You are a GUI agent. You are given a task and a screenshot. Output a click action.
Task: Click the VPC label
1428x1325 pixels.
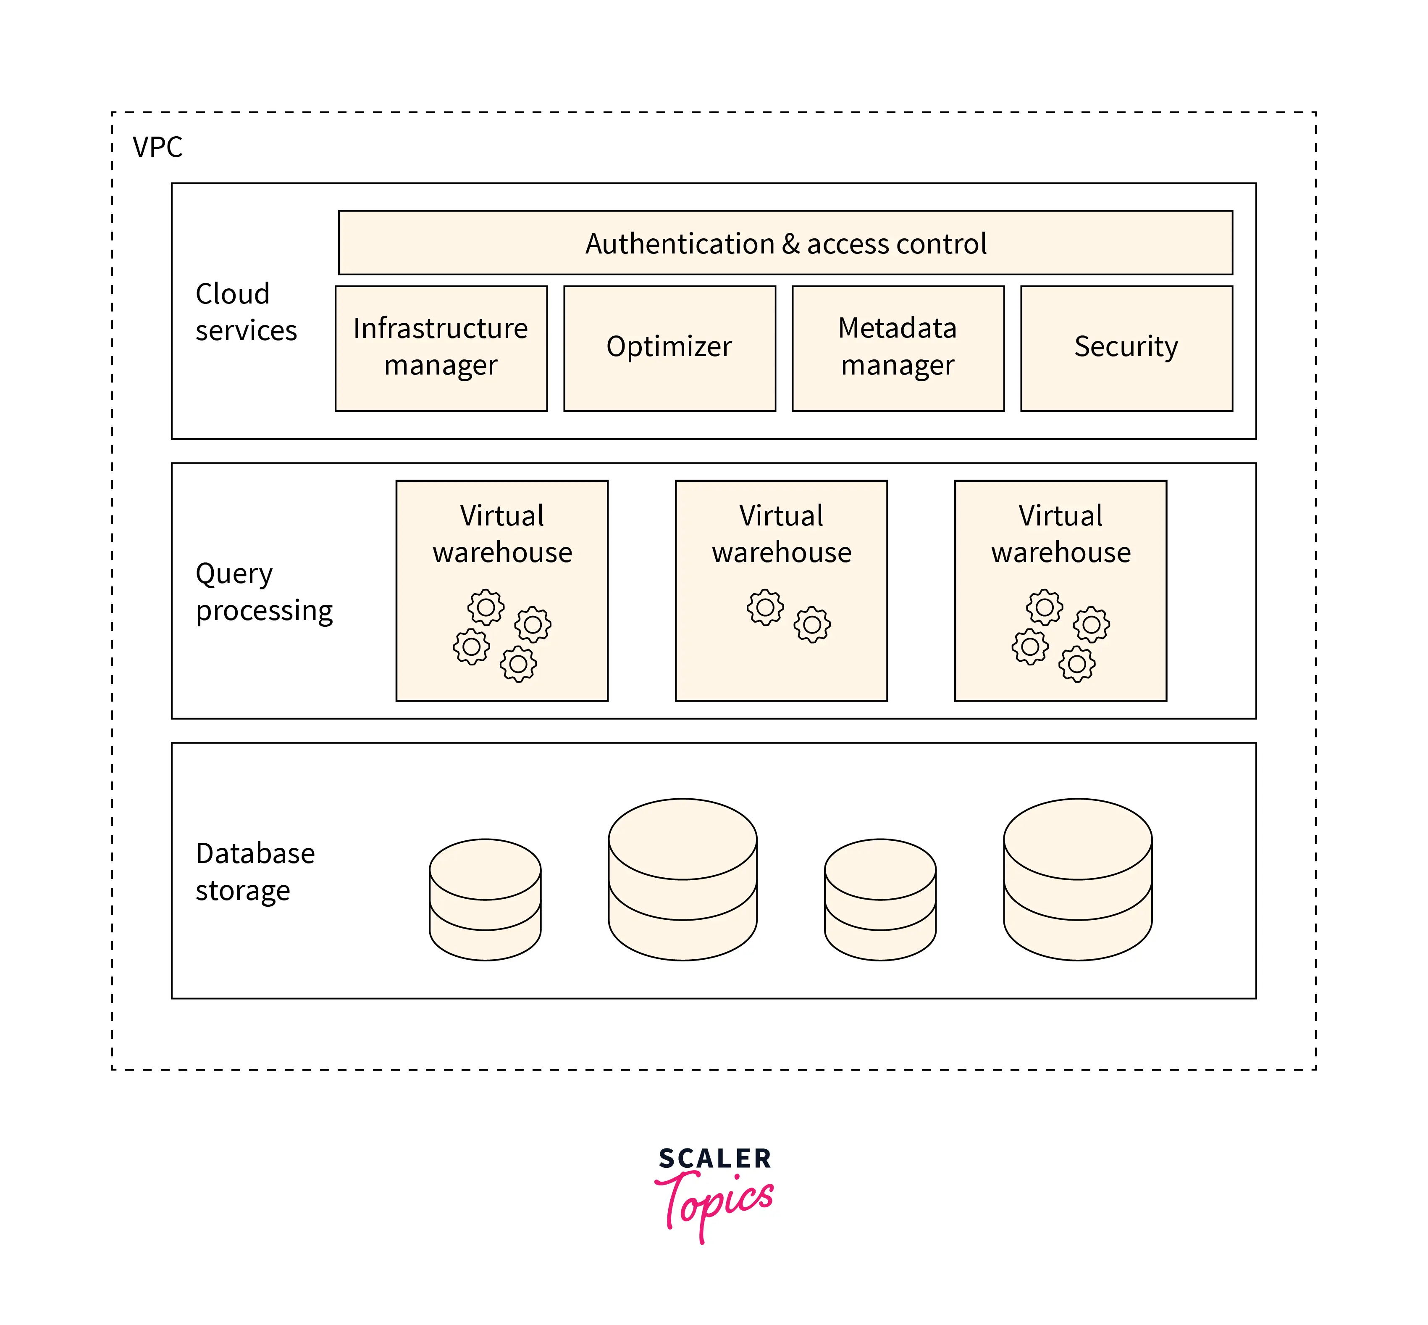(x=157, y=147)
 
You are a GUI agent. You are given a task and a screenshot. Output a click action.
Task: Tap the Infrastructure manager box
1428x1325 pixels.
(x=441, y=348)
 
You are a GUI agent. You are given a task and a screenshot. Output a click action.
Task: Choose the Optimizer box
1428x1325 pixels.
(x=669, y=348)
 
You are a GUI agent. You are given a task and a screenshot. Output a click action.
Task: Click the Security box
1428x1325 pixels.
(x=1126, y=348)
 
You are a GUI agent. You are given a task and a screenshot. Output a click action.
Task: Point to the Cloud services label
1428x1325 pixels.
(x=246, y=312)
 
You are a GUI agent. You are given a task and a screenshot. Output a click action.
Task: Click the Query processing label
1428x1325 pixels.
(x=264, y=591)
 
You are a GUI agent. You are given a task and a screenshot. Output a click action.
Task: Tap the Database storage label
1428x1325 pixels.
(x=255, y=871)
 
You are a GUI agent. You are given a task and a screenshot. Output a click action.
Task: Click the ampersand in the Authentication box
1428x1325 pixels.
(x=791, y=244)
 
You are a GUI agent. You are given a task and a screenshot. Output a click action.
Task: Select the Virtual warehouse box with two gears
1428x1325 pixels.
(x=781, y=590)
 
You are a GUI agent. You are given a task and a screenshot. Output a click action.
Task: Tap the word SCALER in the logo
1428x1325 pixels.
(x=714, y=1159)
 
